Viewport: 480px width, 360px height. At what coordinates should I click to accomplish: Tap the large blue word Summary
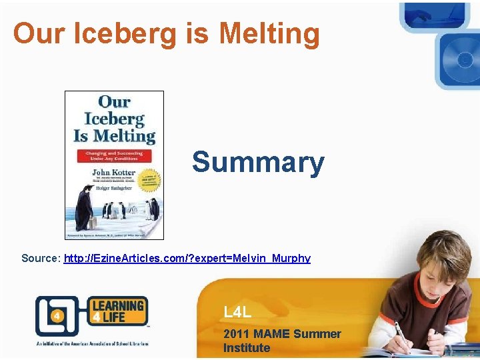click(258, 162)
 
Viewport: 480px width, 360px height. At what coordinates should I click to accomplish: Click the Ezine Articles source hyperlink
click(187, 258)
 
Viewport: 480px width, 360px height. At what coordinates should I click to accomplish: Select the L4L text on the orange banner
click(237, 312)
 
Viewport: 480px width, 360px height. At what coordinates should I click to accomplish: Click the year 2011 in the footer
click(237, 334)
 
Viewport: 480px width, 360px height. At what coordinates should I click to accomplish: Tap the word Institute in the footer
click(247, 348)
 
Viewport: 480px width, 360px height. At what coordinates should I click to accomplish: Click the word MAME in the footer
click(274, 334)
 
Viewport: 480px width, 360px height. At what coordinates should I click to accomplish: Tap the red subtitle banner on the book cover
click(113, 156)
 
